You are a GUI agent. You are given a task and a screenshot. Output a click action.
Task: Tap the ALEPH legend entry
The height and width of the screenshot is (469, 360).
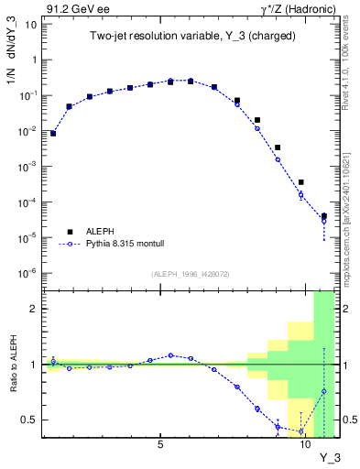point(102,232)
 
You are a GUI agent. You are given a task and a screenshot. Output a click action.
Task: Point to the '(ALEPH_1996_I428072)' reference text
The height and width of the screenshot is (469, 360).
point(190,273)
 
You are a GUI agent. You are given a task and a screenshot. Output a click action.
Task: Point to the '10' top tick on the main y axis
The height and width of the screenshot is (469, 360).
point(30,24)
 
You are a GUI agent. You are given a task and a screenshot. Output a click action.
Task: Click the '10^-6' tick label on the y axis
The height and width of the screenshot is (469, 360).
point(27,273)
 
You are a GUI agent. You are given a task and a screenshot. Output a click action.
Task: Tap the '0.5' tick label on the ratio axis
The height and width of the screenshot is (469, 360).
point(30,420)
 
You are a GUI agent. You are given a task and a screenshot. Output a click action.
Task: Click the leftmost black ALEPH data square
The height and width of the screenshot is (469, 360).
point(53,133)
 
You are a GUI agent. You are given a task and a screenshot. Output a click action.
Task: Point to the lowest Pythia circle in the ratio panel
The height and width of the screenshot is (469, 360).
point(301,431)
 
